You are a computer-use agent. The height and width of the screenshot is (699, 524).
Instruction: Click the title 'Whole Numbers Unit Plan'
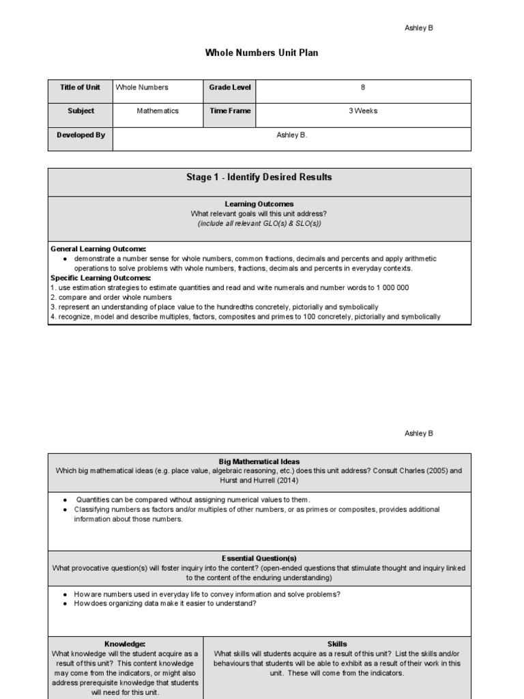coord(261,53)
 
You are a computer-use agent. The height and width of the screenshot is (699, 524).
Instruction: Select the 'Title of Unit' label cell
coord(80,87)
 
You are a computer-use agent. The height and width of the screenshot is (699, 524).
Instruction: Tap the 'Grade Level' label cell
coord(230,87)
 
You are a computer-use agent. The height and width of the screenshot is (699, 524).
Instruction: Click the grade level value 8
coord(362,87)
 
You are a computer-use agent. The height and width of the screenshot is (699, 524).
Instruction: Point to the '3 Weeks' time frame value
coord(362,111)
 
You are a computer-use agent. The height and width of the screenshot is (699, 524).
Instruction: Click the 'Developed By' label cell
coord(80,135)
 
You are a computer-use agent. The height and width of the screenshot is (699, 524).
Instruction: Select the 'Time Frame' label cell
coord(230,111)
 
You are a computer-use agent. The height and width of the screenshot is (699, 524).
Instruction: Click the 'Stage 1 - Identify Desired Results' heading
coord(259,177)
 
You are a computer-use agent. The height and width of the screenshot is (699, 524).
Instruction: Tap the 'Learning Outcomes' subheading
coord(259,204)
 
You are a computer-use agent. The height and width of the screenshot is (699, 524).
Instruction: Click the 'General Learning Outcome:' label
coord(98,249)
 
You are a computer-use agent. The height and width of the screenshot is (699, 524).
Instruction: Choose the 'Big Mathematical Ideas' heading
coord(259,461)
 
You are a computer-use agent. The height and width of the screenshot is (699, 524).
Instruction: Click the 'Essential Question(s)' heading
coord(259,558)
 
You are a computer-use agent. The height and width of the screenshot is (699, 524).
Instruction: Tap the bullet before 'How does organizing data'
coord(64,603)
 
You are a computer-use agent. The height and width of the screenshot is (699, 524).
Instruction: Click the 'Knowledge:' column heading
coord(125,644)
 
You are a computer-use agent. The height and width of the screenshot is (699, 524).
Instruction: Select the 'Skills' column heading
coord(337,644)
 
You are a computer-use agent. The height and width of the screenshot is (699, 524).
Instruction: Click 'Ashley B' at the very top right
coord(419,28)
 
